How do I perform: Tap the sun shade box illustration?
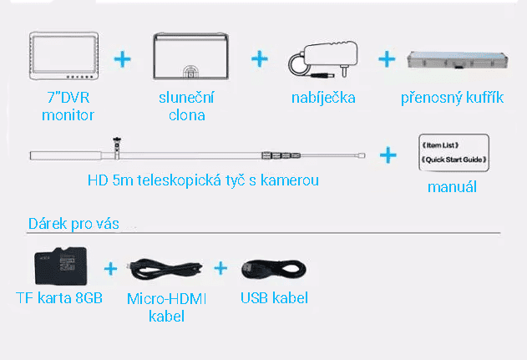[x=188, y=58]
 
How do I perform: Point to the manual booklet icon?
[x=452, y=151]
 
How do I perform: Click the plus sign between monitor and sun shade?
[x=124, y=58]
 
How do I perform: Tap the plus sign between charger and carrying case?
[x=386, y=58]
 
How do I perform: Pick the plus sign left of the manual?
[x=388, y=155]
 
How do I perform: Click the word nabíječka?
[x=323, y=98]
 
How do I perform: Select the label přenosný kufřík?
[x=452, y=98]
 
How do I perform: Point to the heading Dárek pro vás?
[x=73, y=224]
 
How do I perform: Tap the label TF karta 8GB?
[x=59, y=297]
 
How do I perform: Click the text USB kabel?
[x=273, y=297]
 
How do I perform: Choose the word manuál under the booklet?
[x=452, y=186]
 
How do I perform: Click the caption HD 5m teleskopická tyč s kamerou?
[x=203, y=180]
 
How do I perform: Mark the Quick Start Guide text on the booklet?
[x=452, y=159]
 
